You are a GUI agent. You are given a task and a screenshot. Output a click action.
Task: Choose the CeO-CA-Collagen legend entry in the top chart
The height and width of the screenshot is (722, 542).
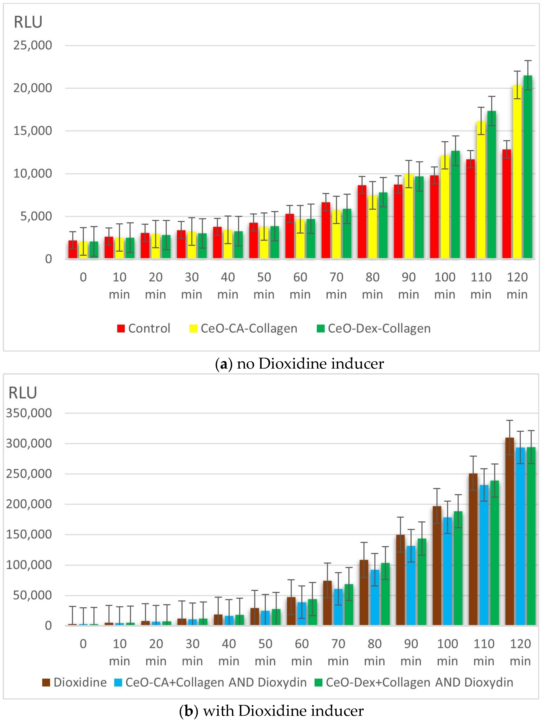[x=243, y=328]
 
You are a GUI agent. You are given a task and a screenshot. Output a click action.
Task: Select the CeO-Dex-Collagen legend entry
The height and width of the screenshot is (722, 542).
[x=374, y=328]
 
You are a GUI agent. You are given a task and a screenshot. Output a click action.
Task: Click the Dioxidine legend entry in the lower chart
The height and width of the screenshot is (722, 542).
[x=74, y=682]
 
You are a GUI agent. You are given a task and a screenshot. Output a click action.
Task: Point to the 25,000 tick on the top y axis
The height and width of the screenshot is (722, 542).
[x=33, y=45]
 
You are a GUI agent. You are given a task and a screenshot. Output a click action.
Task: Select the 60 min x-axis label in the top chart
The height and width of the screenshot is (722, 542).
[x=300, y=286]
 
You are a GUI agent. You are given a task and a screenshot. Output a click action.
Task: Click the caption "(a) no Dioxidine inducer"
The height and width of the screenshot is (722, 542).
[x=299, y=364]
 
